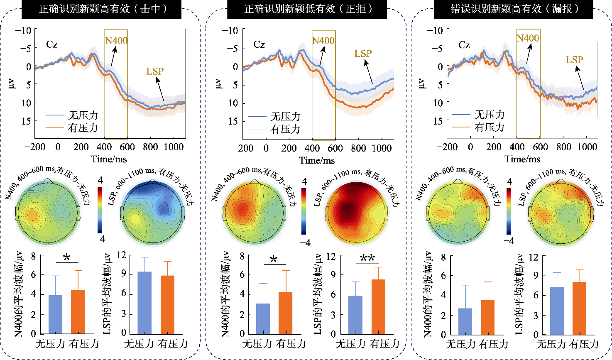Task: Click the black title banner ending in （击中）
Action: point(101,9)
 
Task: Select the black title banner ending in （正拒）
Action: point(307,9)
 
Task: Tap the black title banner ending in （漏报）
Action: point(513,9)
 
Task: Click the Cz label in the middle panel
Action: point(259,44)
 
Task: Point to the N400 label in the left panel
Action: point(116,41)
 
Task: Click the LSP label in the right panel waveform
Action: point(574,59)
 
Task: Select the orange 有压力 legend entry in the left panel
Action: point(71,128)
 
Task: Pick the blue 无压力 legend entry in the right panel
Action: point(478,115)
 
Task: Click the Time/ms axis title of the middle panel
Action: point(317,160)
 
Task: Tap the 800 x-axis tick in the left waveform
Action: point(150,147)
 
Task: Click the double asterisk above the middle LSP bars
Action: point(367,258)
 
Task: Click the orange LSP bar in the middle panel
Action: point(378,307)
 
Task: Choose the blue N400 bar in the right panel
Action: point(465,321)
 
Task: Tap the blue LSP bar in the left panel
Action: point(144,303)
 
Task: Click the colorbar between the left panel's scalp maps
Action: point(100,210)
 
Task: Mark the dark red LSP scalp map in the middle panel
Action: point(356,213)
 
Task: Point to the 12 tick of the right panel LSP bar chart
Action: point(534,257)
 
